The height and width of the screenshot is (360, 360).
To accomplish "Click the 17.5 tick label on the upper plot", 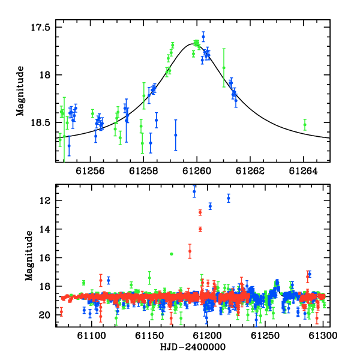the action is pos(40,28).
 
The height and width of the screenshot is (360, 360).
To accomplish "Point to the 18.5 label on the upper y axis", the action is pos(40,123).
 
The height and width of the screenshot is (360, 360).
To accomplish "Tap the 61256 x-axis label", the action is pos(90,171).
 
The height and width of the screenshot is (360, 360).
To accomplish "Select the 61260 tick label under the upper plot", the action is pos(197,171).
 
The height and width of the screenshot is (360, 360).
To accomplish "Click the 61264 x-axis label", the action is pos(303,171).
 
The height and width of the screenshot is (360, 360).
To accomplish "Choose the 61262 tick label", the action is pos(250,171).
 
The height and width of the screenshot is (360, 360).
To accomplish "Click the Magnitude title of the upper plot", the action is pos(20,91).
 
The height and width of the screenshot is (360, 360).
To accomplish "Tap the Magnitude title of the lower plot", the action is pos(29,256).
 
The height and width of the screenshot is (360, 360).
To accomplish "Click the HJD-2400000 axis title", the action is pos(193,347).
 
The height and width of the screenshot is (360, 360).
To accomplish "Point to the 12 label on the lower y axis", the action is pos(45,201).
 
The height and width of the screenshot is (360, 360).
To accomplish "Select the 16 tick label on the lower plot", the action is pos(45,258).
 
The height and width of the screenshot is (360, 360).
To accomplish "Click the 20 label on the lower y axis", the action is pos(45,315).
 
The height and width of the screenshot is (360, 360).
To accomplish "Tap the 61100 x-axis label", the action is pos(91,335).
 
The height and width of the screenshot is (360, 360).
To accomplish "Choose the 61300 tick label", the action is pos(323,335).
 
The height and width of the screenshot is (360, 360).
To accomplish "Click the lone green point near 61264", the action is pos(305,125).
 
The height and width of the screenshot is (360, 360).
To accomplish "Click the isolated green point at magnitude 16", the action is pos(171,254).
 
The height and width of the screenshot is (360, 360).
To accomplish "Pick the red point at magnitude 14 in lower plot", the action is pos(200,229).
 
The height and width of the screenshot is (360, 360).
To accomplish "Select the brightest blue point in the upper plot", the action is pos(203,37).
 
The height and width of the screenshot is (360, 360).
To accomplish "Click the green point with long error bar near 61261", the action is pos(224,68).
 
